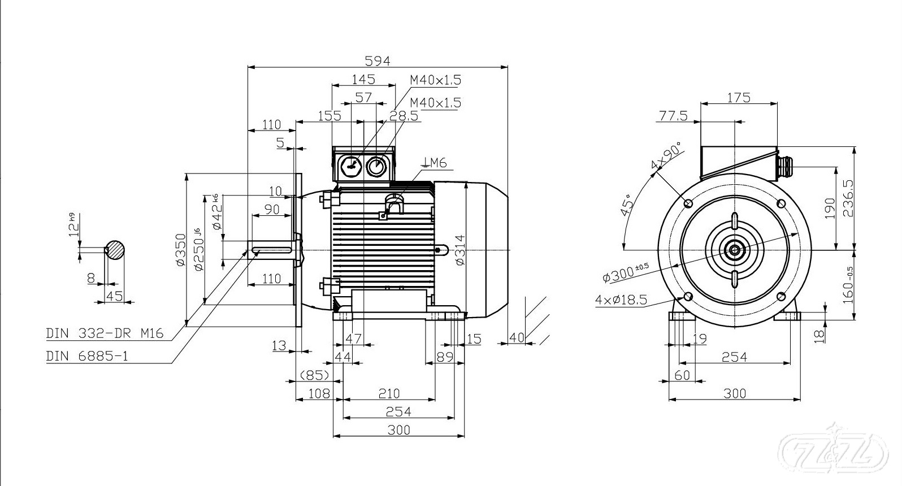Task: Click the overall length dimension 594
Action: tap(378, 60)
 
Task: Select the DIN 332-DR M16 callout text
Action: tap(105, 333)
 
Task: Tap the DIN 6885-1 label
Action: tap(87, 357)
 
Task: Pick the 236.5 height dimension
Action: tap(848, 198)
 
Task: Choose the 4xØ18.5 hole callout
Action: tap(621, 300)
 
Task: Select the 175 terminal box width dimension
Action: tap(739, 97)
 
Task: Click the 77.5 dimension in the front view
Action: tap(673, 116)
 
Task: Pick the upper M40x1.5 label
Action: tap(436, 80)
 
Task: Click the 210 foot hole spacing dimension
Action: tap(389, 393)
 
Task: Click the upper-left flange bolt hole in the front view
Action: tap(688, 203)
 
